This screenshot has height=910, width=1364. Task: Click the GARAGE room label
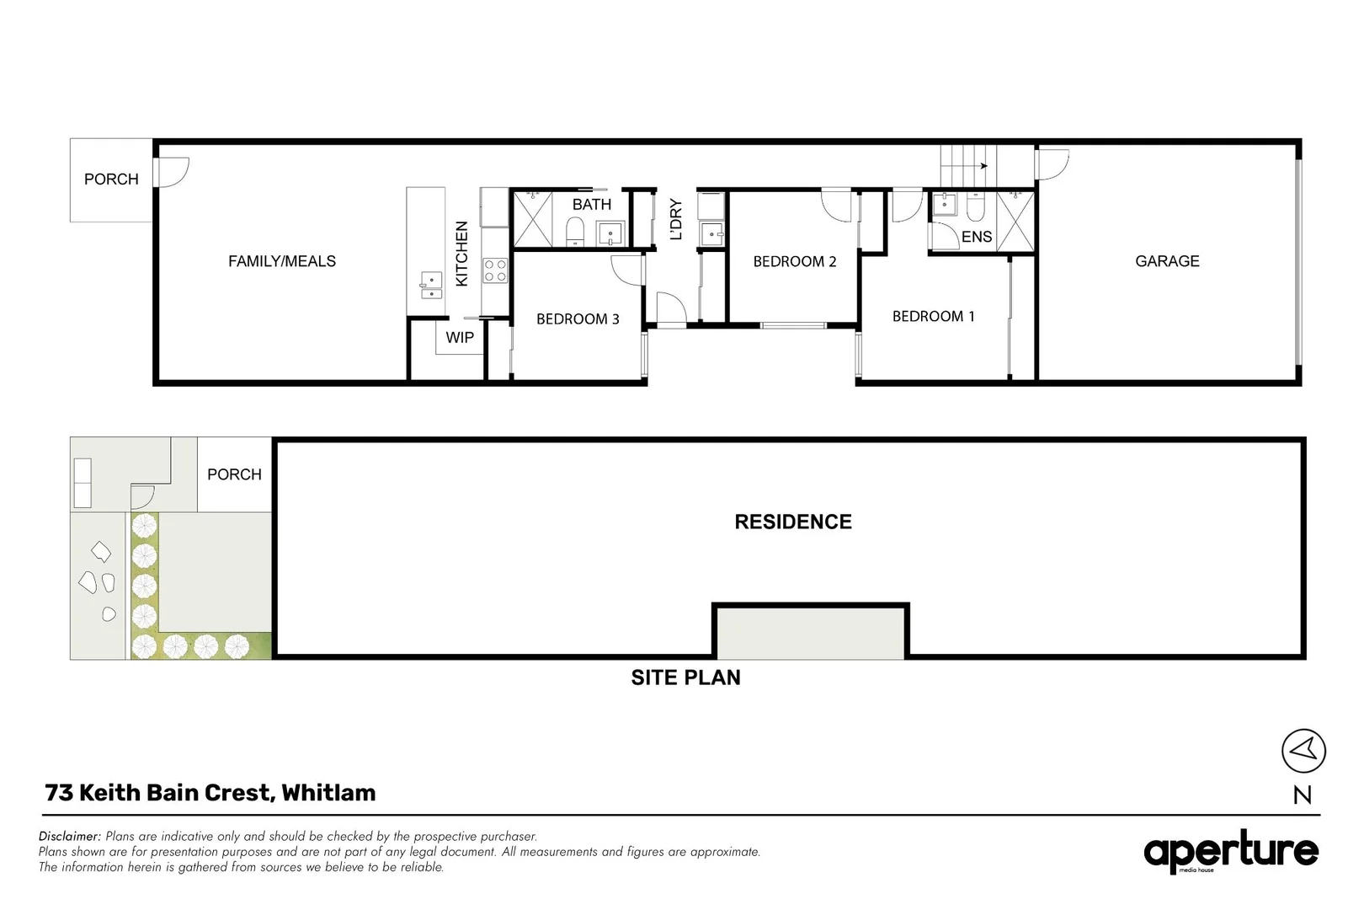(1167, 261)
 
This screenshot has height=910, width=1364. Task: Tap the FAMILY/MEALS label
(282, 261)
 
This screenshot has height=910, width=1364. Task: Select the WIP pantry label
(460, 337)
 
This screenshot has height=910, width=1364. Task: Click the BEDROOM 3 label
(578, 318)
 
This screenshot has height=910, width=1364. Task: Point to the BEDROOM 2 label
(795, 261)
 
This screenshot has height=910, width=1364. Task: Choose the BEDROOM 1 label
(933, 316)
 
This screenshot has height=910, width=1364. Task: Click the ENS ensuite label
(977, 237)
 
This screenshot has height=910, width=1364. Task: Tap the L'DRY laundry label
(675, 219)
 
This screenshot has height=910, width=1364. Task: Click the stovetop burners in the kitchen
(495, 270)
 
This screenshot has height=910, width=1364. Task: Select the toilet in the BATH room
(575, 230)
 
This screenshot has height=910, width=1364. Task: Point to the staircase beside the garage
(967, 164)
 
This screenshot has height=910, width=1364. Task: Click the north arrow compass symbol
(1303, 750)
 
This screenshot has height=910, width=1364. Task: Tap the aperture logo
(1230, 852)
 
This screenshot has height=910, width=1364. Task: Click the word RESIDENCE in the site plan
(793, 522)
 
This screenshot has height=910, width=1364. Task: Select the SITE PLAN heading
(685, 677)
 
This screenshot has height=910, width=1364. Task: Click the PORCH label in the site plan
(234, 474)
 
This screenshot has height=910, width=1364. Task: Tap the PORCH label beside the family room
(111, 179)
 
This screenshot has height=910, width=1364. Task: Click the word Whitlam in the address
(328, 793)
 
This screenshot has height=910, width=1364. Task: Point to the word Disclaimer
(70, 837)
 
